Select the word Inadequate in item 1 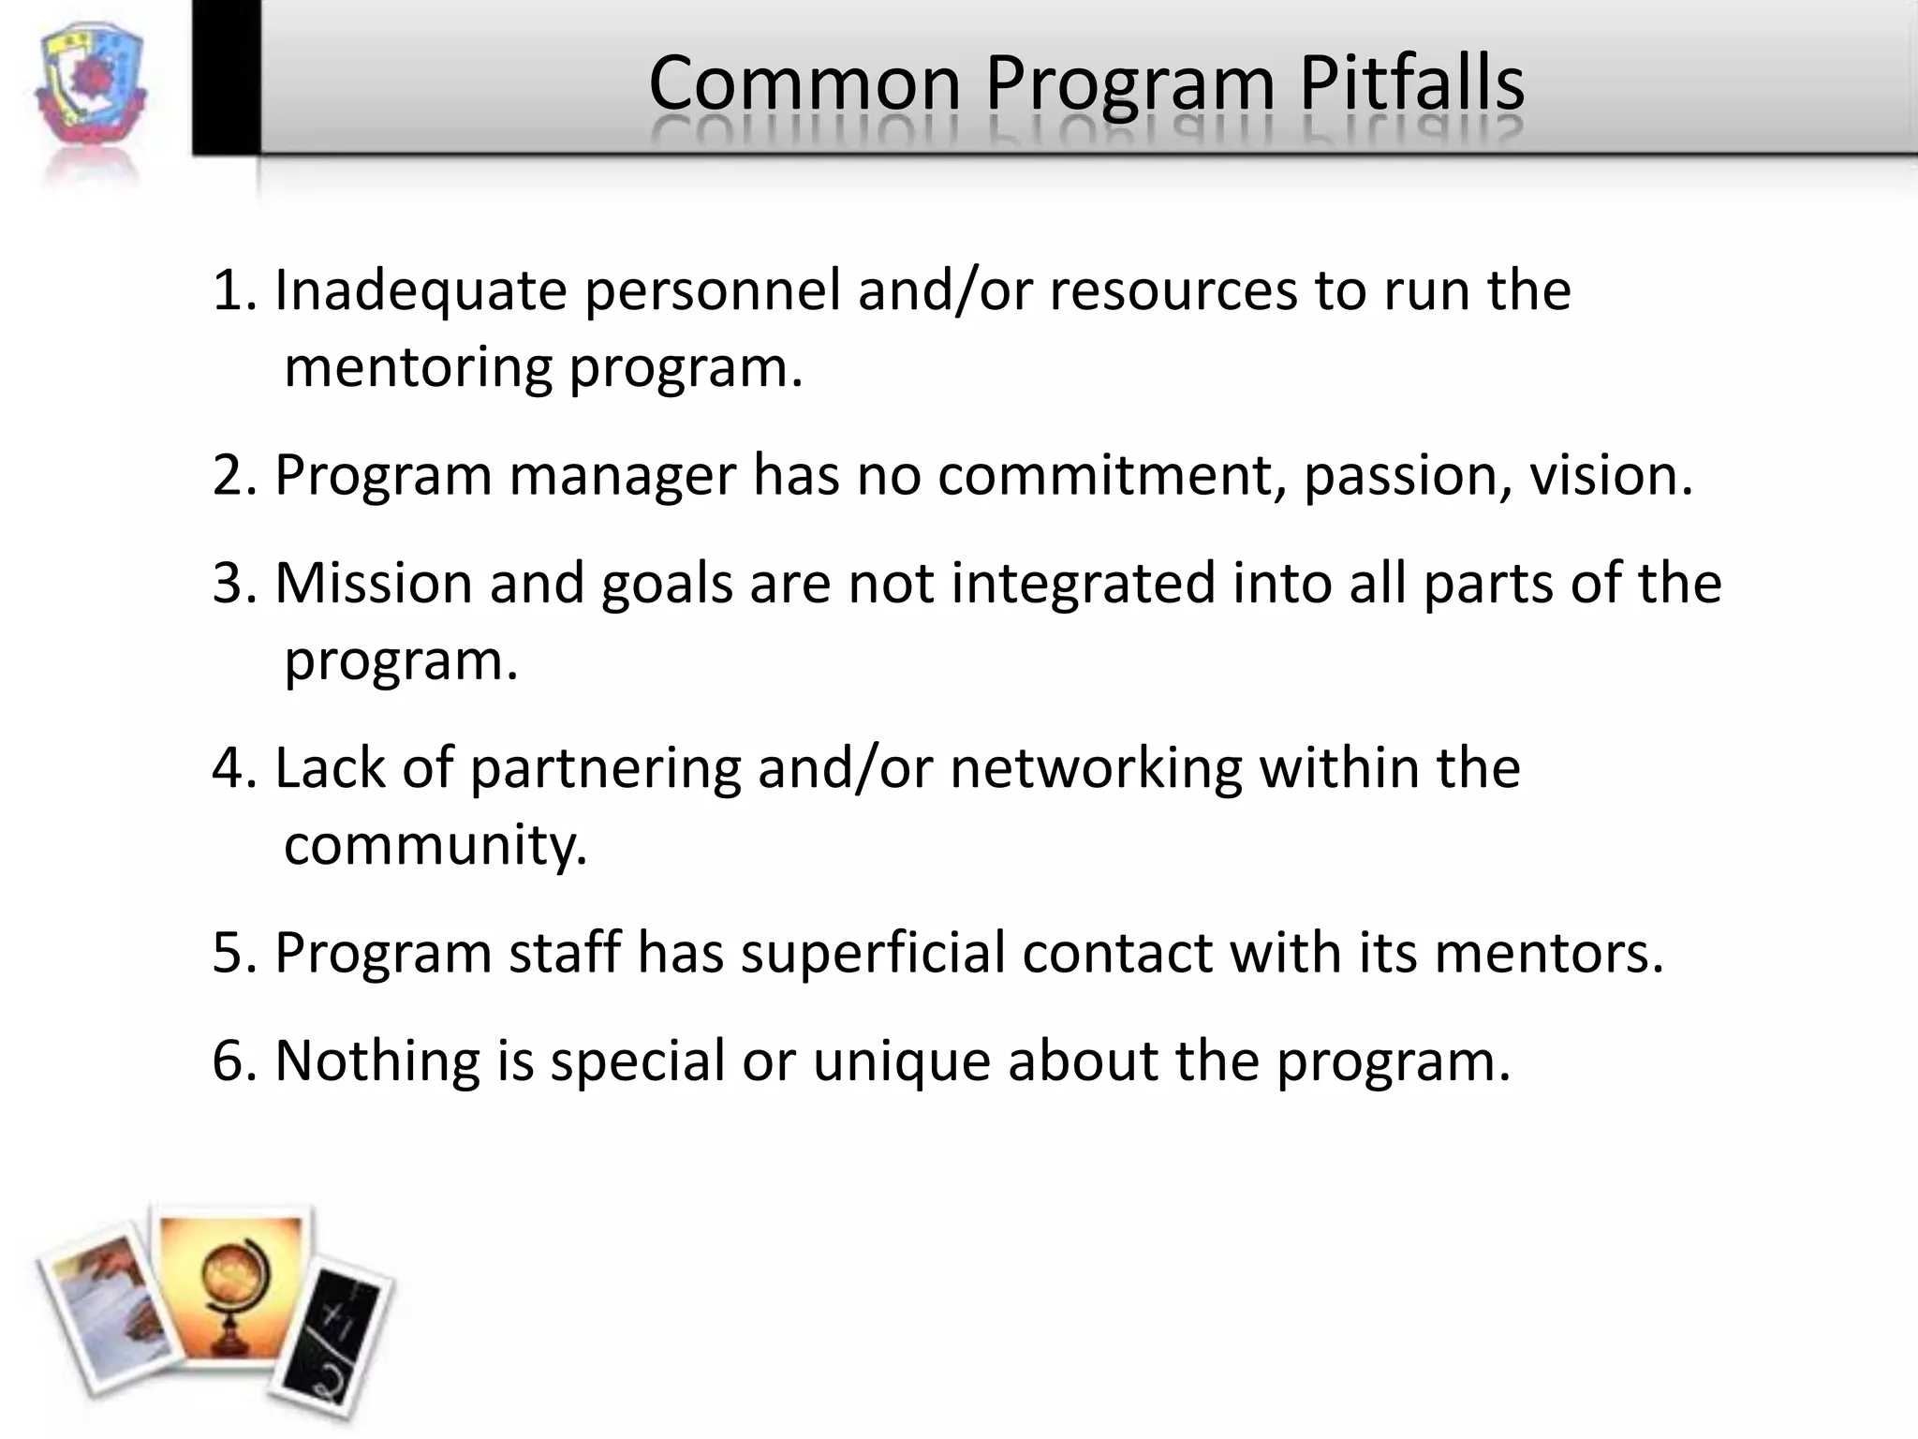tap(420, 290)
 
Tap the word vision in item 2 tap(1604, 476)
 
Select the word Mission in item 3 tap(374, 584)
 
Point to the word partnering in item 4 tap(605, 768)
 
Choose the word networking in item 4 tap(1096, 768)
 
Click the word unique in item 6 tap(901, 1061)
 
